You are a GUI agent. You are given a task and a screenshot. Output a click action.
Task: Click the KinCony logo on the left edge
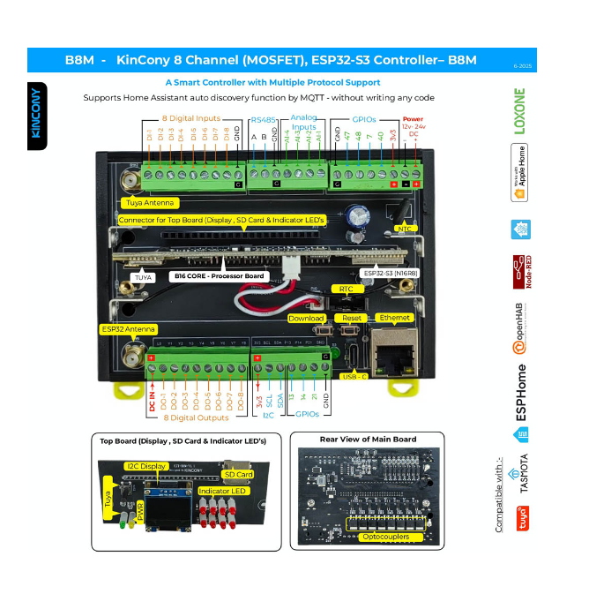[37, 116]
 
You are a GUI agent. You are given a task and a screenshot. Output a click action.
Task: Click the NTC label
[406, 229]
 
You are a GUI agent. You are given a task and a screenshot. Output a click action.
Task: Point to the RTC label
[347, 289]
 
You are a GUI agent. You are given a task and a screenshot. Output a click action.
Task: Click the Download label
[306, 318]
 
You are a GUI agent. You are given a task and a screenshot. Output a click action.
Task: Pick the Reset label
[353, 318]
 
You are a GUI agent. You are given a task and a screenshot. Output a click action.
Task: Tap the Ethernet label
[394, 317]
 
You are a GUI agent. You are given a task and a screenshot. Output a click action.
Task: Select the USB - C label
[356, 376]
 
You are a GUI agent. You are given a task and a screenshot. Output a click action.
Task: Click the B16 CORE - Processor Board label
[219, 276]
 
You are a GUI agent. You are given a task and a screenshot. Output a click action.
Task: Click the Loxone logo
[519, 112]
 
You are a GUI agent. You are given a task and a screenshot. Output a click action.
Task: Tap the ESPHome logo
[521, 391]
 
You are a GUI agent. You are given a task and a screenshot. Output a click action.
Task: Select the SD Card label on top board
[238, 474]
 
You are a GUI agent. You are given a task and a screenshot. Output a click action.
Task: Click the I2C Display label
[146, 465]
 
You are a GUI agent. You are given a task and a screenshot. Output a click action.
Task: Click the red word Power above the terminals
[412, 118]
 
